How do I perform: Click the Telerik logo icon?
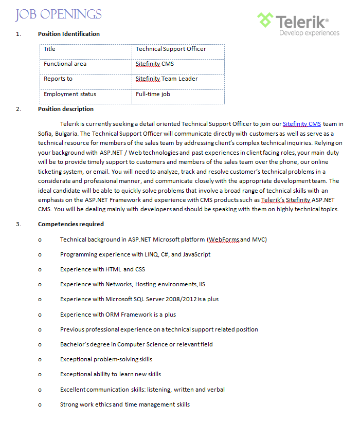click(x=265, y=21)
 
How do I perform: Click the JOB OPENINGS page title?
click(x=59, y=14)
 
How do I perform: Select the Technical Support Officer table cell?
click(x=171, y=49)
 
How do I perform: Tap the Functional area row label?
click(x=65, y=64)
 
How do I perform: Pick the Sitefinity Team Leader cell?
click(x=167, y=79)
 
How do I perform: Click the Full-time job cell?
click(x=153, y=94)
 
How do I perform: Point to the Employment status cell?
click(x=70, y=94)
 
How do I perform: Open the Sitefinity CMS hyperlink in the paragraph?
click(x=302, y=124)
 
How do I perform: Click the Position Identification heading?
click(x=69, y=34)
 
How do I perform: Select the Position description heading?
click(x=66, y=109)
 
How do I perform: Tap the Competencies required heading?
click(x=71, y=224)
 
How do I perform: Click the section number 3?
click(x=19, y=224)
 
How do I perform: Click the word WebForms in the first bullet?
click(x=223, y=239)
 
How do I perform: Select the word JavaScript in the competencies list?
click(x=196, y=254)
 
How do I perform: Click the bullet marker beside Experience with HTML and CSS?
click(x=40, y=269)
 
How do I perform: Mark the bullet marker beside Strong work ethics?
click(x=40, y=404)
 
